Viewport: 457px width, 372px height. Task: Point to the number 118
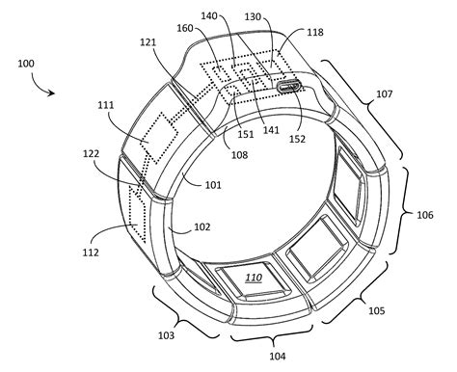(x=315, y=33)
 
